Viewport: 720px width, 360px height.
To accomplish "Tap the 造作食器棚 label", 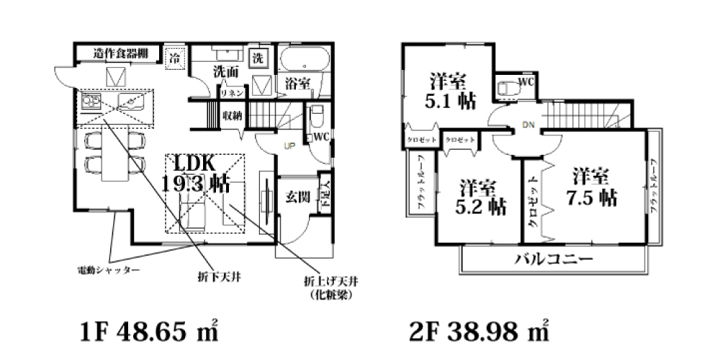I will coord(122,53).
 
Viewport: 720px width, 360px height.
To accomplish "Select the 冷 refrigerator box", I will coord(175,57).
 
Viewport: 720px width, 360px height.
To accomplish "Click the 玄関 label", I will coord(295,196).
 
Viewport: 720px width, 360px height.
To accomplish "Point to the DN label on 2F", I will coord(528,126).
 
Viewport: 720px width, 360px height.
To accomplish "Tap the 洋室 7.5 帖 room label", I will coord(595,186).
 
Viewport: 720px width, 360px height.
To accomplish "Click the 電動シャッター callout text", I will coord(108,271).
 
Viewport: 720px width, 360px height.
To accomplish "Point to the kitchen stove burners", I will coord(91,102).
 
